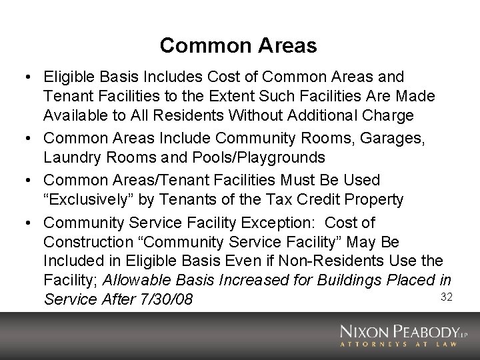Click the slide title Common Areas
click(238, 45)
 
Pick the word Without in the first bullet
click(236, 115)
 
